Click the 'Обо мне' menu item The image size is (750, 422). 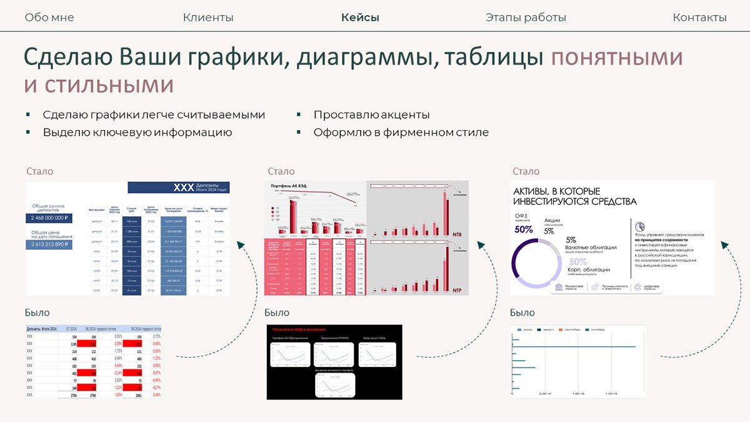49,18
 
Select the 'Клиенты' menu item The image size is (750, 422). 208,18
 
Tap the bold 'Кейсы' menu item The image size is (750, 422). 360,18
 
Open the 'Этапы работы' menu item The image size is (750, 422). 526,18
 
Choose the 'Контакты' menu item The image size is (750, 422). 699,18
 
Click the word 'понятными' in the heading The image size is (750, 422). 616,57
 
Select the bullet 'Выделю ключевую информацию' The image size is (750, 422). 137,133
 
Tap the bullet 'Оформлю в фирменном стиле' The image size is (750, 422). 401,133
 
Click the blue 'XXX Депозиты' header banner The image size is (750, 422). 178,188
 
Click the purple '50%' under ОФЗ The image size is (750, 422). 524,229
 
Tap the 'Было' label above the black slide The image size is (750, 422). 277,313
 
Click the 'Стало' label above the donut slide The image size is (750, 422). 526,171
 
